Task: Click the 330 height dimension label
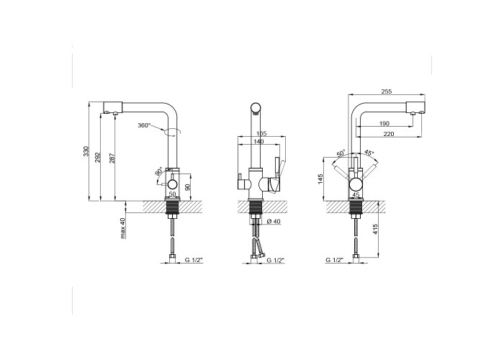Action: (86, 151)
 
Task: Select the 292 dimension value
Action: (99, 157)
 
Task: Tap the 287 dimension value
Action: (112, 158)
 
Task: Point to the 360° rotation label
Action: (144, 125)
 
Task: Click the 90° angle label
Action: (159, 172)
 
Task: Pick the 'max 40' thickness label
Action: (122, 228)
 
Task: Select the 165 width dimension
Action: (261, 134)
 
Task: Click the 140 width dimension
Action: (258, 141)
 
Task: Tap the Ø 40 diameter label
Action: (274, 221)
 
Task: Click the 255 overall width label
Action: (387, 91)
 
